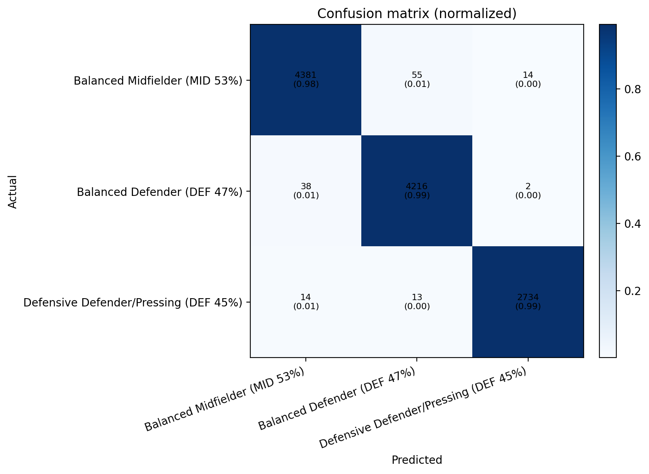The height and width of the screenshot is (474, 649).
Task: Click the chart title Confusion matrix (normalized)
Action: coord(417,14)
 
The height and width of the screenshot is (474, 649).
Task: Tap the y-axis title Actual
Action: coord(13,192)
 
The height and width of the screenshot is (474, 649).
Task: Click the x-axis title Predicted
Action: coord(417,460)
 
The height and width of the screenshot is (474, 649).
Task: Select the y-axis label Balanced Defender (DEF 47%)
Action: coord(160,192)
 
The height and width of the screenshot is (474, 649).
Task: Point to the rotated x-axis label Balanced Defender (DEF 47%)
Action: coord(337,400)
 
